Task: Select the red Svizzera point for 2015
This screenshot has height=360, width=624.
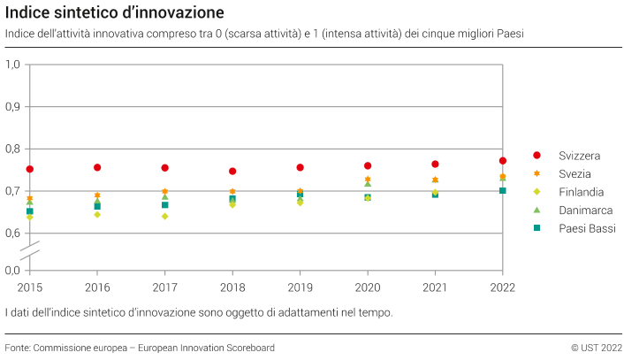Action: [x=30, y=169]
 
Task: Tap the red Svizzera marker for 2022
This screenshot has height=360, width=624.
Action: [x=503, y=161]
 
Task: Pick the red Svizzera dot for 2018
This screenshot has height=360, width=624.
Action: [x=232, y=172]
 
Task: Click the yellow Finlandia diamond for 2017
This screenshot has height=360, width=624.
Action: [x=165, y=216]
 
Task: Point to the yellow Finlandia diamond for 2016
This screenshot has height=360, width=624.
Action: [x=97, y=214]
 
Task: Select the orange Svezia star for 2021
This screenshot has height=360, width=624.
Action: [x=435, y=180]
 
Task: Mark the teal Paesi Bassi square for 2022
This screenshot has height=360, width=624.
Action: [x=503, y=190]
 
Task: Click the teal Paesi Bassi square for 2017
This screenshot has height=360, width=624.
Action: [x=165, y=204]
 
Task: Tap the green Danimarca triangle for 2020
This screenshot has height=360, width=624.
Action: [x=368, y=184]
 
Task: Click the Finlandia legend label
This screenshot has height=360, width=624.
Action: [x=581, y=192]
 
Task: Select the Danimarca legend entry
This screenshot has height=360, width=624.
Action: [x=585, y=211]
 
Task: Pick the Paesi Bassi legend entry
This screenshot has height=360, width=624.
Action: [x=586, y=228]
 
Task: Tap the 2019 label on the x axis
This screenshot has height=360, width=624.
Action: [x=300, y=287]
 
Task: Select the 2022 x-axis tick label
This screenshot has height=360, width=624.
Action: [x=502, y=287]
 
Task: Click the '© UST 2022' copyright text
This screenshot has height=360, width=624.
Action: [x=597, y=348]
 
